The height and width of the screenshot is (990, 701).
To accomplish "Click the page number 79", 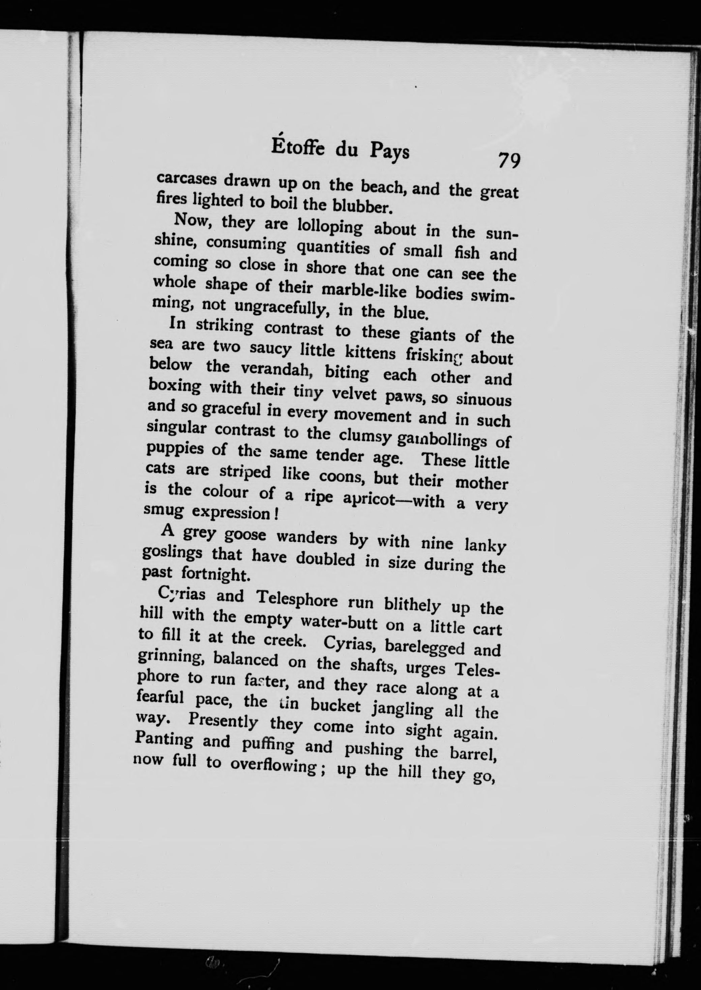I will click(509, 161).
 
